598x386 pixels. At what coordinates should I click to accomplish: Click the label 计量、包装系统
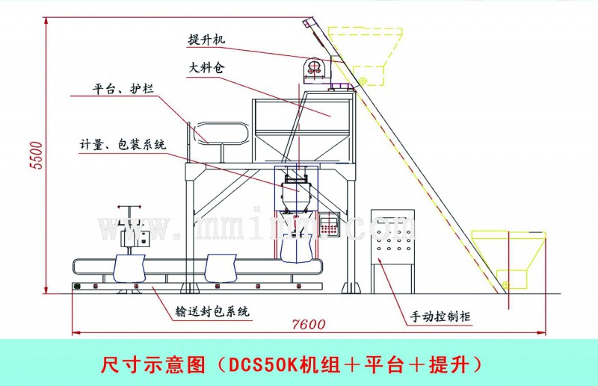pos(119,143)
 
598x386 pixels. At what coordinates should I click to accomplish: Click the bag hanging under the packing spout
pos(298,246)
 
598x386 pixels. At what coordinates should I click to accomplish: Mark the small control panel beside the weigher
pos(330,224)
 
